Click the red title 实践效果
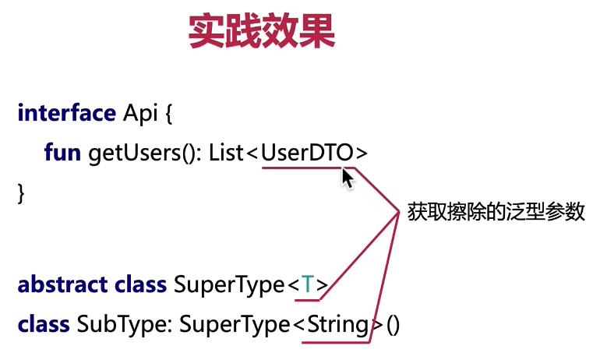tap(262, 30)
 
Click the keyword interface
tap(66, 113)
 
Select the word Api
tap(140, 114)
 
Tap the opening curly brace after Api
tap(168, 114)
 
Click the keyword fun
tap(62, 152)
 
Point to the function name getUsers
tap(134, 154)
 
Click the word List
tap(226, 152)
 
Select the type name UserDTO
tap(307, 152)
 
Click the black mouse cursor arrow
tap(348, 178)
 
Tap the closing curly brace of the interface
tap(21, 193)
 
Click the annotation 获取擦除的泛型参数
tap(496, 212)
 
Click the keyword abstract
tap(62, 284)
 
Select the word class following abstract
tap(140, 284)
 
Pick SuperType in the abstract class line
tap(229, 285)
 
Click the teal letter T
tap(307, 284)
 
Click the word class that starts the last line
tap(44, 324)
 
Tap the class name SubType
tap(122, 325)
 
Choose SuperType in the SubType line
tap(235, 325)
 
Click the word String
tap(338, 325)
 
